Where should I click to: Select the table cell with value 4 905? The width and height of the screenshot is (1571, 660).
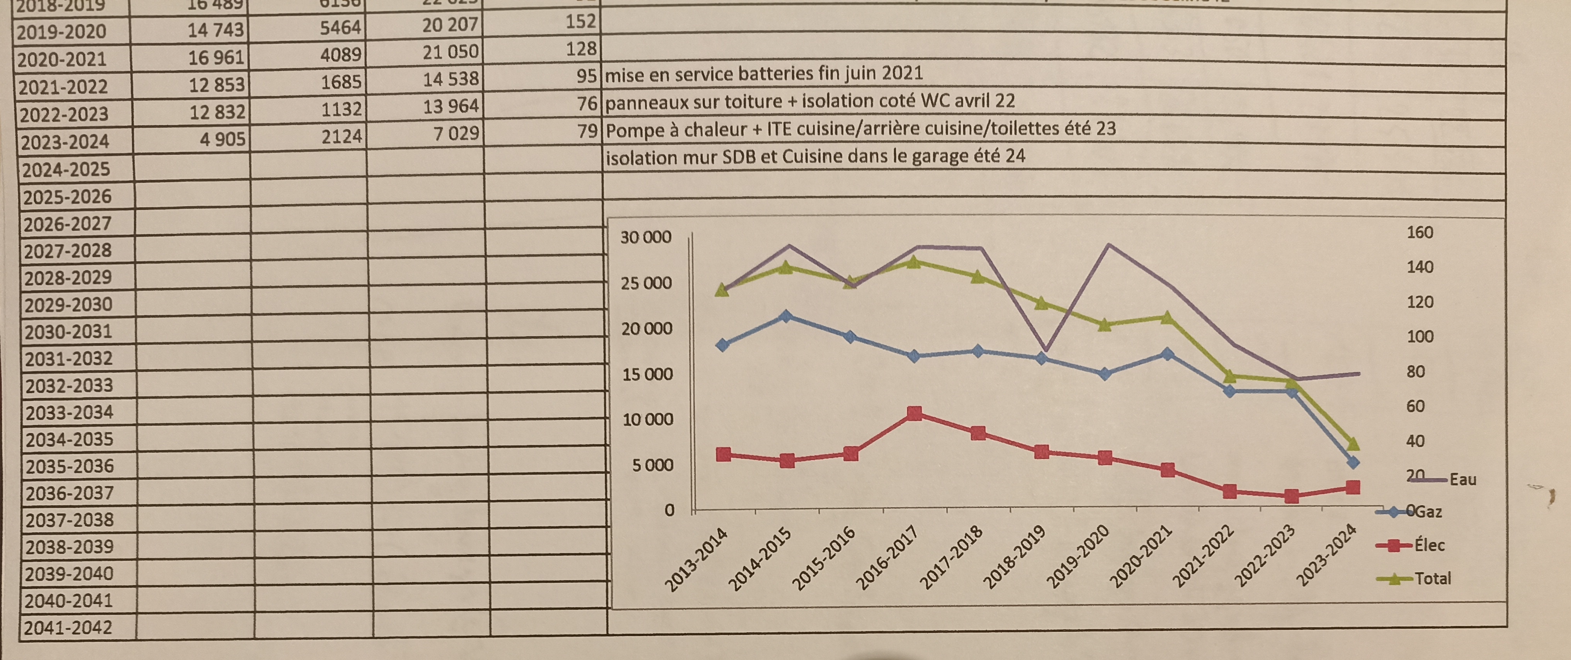coord(222,139)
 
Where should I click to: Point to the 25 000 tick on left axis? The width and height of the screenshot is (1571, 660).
coord(646,283)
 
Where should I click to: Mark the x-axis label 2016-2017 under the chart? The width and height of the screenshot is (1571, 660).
coord(888,558)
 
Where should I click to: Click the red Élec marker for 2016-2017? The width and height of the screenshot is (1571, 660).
coord(914,414)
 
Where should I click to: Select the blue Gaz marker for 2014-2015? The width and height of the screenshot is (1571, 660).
coord(786,316)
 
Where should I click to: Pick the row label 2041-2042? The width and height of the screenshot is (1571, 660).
coord(68,627)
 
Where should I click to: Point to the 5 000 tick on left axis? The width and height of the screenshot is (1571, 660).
coord(652,465)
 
